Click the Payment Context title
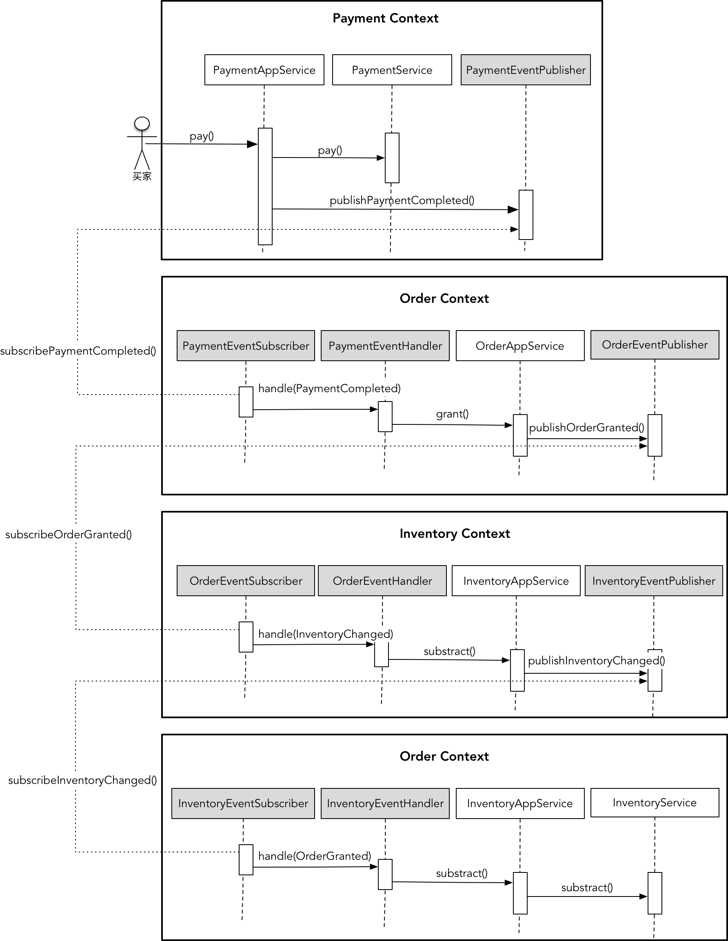pyautogui.click(x=385, y=18)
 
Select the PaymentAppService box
pyautogui.click(x=264, y=70)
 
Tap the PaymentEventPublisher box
pyautogui.click(x=526, y=70)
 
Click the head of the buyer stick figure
pyautogui.click(x=142, y=123)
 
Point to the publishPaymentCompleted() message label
pyautogui.click(x=402, y=200)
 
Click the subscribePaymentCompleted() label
pyautogui.click(x=78, y=351)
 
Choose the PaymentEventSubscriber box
pyautogui.click(x=246, y=346)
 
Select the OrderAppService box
pyautogui.click(x=519, y=346)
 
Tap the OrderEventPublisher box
pyautogui.click(x=654, y=345)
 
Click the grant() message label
pyautogui.click(x=452, y=414)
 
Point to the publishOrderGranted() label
pyautogui.click(x=586, y=427)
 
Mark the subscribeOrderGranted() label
pyautogui.click(x=69, y=534)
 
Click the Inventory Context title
pyautogui.click(x=455, y=533)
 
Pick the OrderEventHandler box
pyautogui.click(x=382, y=581)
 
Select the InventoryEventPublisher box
pyautogui.click(x=653, y=581)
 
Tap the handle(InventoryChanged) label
pyautogui.click(x=325, y=634)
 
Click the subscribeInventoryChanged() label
pyautogui.click(x=82, y=780)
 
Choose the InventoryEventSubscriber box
pyautogui.click(x=243, y=803)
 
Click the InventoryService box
pyautogui.click(x=654, y=802)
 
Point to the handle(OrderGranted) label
pyautogui.click(x=315, y=856)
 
